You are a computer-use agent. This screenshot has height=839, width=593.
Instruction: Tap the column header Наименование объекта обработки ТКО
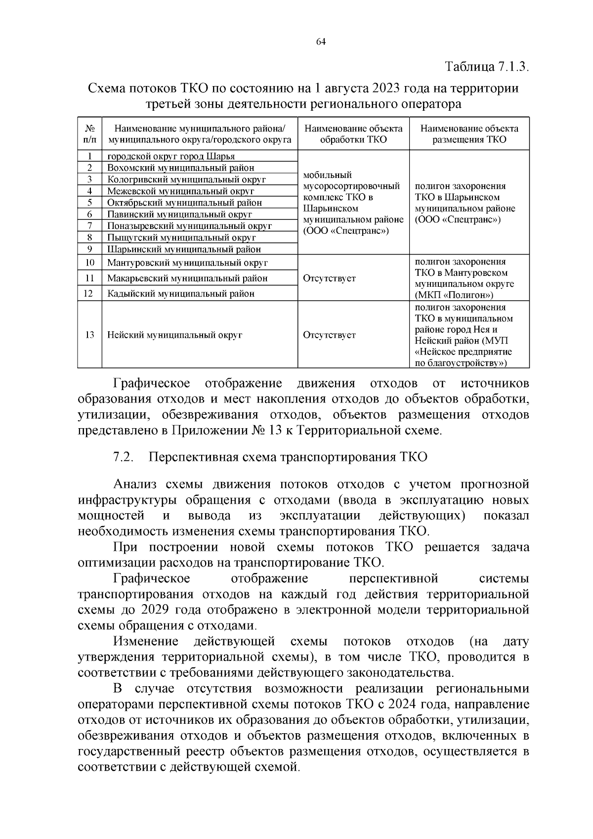353,134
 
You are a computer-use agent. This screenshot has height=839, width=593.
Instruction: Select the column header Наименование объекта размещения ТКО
469,134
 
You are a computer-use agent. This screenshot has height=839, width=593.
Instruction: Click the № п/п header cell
90,134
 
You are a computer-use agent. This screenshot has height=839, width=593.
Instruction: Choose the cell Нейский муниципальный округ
175,335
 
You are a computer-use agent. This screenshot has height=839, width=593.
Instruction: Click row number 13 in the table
90,335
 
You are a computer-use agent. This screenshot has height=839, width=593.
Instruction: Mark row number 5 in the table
90,203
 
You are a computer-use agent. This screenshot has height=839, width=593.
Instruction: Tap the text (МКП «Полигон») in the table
454,296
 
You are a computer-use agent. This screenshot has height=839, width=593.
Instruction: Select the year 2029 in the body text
148,610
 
